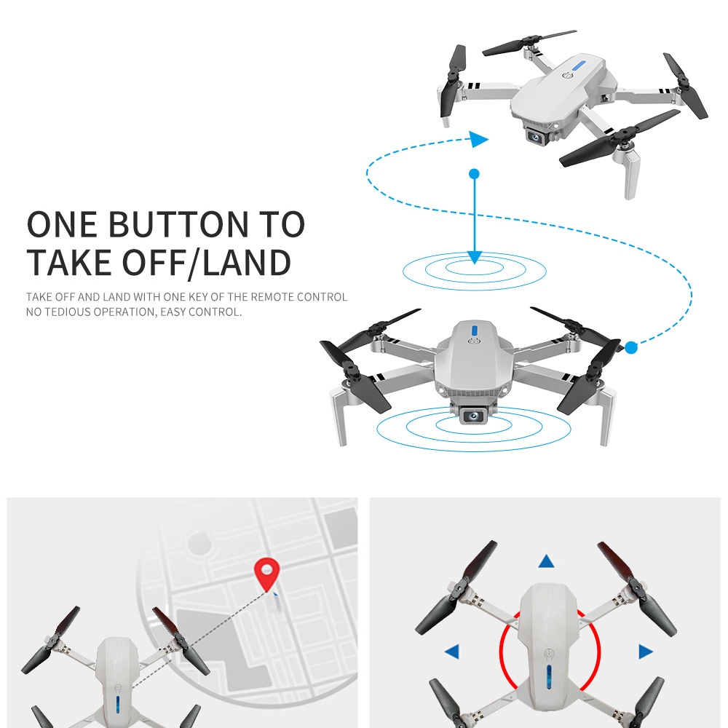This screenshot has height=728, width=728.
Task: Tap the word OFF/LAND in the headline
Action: [x=207, y=263]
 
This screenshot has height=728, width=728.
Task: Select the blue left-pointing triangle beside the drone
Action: [x=452, y=651]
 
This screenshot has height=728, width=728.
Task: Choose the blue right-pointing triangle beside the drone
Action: [x=646, y=652]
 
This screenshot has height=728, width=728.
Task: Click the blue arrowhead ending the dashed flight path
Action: [x=479, y=139]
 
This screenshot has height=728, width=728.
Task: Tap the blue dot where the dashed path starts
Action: [x=630, y=347]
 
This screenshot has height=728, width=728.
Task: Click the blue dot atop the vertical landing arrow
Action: [x=474, y=174]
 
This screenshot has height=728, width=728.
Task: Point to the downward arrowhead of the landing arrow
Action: [x=474, y=258]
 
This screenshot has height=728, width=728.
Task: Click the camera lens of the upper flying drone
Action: [x=536, y=137]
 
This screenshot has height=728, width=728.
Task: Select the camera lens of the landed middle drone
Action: [x=473, y=415]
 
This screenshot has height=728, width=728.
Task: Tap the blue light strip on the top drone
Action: [x=579, y=66]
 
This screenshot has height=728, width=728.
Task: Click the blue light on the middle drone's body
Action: [x=474, y=330]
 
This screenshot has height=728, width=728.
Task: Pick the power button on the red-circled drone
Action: [x=549, y=654]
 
